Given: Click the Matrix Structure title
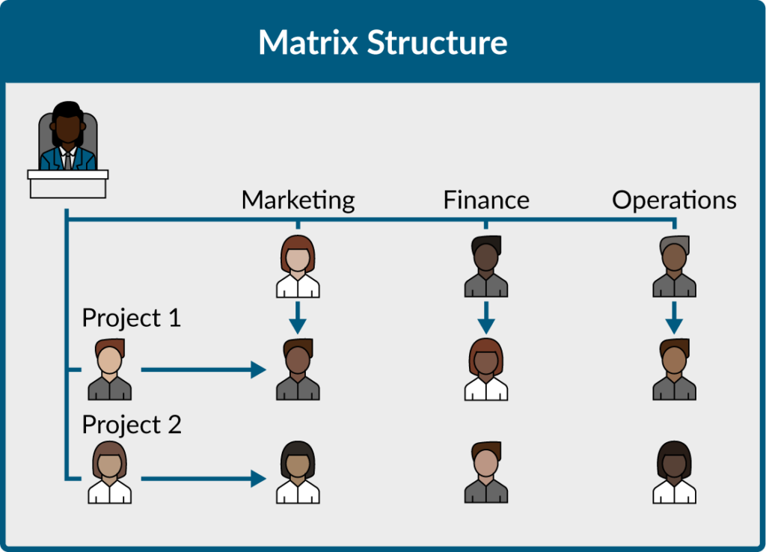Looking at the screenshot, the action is pos(382,43).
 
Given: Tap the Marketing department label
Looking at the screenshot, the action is pos(298,200).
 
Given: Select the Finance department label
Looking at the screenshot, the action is pos(486,200).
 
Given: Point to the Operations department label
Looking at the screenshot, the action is pos(674,200).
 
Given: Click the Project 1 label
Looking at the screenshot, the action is pos(132,318).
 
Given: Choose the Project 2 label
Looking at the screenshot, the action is pos(132,425).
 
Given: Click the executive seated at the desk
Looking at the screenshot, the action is pos(68,136).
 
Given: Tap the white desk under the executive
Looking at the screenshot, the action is pos(68,184).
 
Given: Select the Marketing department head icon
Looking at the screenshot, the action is pos(298,266).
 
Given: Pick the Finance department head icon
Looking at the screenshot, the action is pos(486,266).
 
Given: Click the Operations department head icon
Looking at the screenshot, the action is pos(674,266).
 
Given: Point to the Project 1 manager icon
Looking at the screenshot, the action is pos(109,369).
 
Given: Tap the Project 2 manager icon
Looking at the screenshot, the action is pos(109,473).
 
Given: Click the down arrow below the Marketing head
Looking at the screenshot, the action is pos(298,318).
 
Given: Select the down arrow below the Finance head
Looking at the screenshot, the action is pos(486,318).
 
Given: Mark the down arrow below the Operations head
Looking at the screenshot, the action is pos(674,318).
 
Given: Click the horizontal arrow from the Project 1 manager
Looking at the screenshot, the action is pos(203,369).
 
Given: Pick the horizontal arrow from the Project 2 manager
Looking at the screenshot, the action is pos(203,479).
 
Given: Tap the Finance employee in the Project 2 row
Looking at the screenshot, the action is pos(486,473).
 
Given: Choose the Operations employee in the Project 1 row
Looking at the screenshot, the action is pos(674,369).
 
